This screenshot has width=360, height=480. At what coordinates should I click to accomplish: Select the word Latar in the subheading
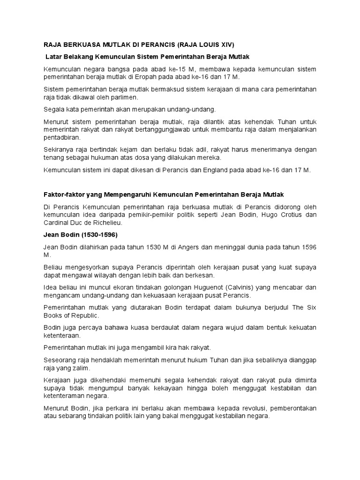point(55,56)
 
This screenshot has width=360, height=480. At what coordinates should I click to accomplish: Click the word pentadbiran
point(61,138)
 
